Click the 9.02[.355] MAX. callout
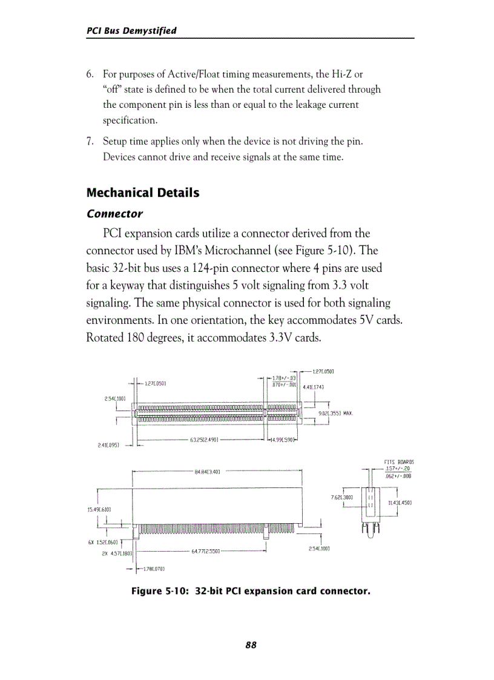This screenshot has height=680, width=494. coord(335,413)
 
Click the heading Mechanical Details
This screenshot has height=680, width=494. coord(143,193)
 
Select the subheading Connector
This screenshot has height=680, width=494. coord(115,214)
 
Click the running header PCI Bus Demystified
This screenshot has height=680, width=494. coord(131,30)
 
